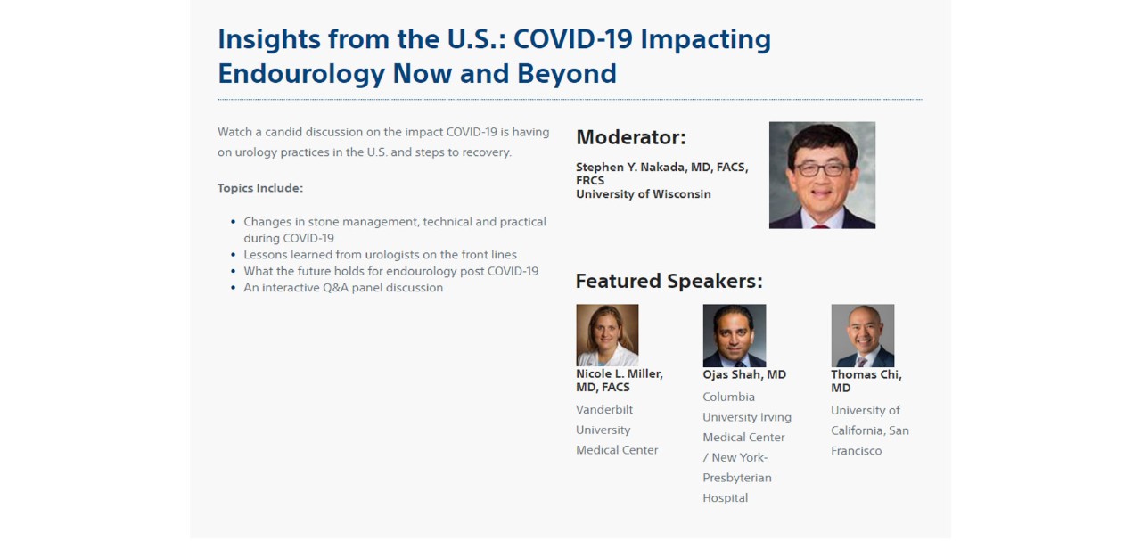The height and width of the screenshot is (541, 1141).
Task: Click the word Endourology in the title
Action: click(301, 74)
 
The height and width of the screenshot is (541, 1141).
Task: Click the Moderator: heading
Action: click(631, 137)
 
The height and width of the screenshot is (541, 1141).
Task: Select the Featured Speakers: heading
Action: click(669, 281)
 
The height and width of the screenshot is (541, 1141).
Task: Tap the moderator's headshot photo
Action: click(822, 175)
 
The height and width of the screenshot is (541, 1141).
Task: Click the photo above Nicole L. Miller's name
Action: click(607, 335)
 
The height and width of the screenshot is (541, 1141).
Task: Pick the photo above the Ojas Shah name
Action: click(734, 336)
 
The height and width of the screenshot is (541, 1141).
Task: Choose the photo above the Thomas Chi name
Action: click(862, 336)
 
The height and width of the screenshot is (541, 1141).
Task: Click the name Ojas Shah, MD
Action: click(744, 374)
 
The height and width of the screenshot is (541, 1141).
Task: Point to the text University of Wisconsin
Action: click(644, 194)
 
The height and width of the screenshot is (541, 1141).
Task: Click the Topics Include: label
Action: click(260, 188)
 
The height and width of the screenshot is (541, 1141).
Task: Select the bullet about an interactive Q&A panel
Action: click(343, 288)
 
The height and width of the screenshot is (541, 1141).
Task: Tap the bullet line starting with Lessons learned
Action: click(380, 255)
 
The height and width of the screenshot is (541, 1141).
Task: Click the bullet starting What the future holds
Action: click(390, 271)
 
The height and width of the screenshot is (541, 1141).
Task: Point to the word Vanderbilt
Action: click(604, 410)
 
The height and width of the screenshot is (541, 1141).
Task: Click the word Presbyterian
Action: click(737, 478)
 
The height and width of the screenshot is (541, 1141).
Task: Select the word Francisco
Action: click(857, 451)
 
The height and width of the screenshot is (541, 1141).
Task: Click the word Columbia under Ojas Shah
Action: click(729, 397)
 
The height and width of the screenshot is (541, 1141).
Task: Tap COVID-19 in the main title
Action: click(573, 38)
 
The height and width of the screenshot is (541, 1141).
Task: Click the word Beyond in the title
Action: click(566, 74)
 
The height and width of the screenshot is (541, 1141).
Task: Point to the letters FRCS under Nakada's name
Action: click(590, 181)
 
